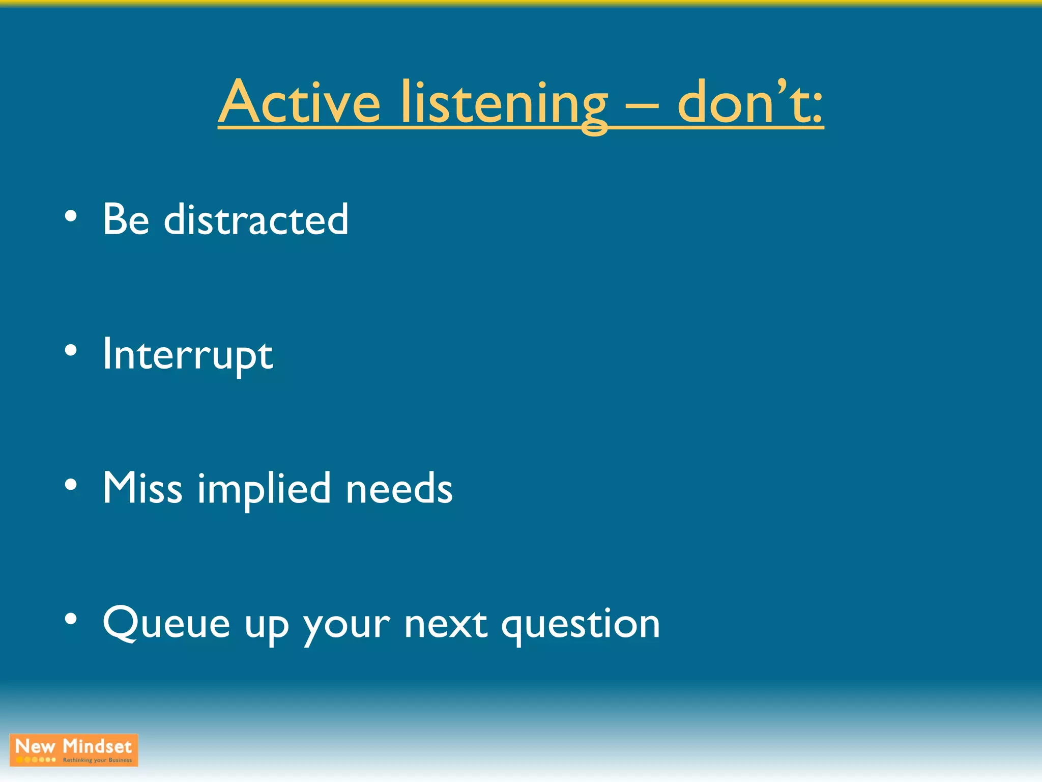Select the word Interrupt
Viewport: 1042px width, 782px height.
(x=188, y=355)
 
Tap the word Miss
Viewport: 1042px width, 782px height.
(x=142, y=488)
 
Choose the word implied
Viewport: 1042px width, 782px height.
(x=264, y=489)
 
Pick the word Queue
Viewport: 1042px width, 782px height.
(x=166, y=623)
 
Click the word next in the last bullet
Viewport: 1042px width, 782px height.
(x=446, y=624)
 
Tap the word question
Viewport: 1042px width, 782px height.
(x=581, y=625)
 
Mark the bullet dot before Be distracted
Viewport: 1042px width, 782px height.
(x=71, y=216)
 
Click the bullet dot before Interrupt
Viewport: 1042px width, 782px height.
(x=71, y=350)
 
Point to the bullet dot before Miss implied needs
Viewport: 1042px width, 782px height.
(x=71, y=485)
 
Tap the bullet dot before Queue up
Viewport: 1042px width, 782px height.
(x=71, y=619)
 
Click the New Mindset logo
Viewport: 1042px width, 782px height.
(x=74, y=750)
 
